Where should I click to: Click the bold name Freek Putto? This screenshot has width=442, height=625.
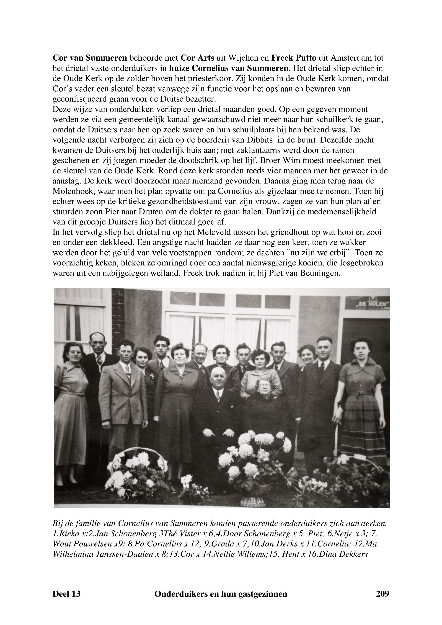click(294, 58)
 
